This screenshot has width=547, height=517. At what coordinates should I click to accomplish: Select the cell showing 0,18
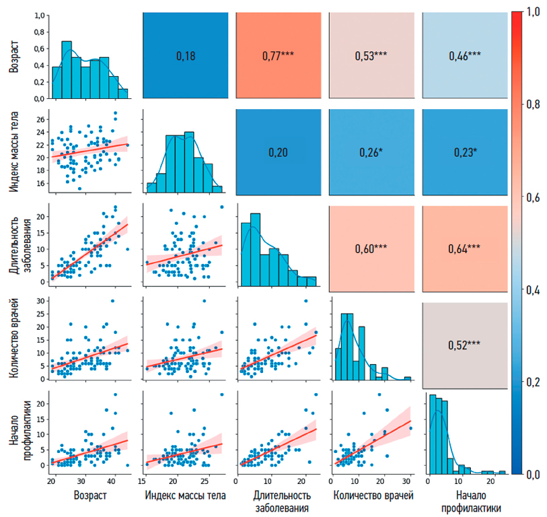tap(184, 57)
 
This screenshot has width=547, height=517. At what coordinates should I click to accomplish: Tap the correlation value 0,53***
tap(371, 57)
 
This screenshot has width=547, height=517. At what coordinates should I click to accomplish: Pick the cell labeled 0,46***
tap(465, 57)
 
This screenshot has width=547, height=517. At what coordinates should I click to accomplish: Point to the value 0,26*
tap(371, 153)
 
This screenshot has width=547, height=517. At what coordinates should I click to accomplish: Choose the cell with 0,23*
tap(465, 153)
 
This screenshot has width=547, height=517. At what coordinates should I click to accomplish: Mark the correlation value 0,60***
tap(371, 248)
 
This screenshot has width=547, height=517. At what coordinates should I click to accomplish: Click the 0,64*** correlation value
tap(465, 248)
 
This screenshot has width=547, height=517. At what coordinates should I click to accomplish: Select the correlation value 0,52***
tap(465, 345)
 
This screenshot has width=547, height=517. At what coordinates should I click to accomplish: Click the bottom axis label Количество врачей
tap(371, 496)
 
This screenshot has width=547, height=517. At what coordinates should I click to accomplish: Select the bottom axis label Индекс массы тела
tap(184, 496)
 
